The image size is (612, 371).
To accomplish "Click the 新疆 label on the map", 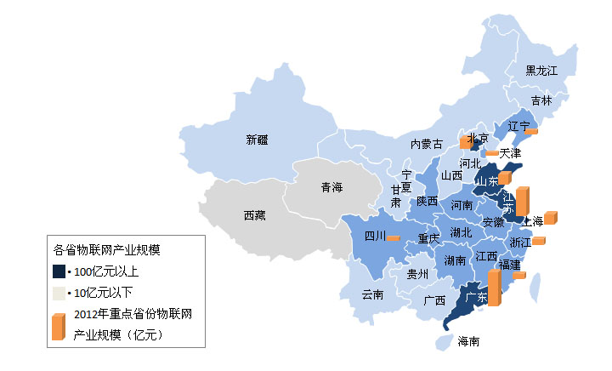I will (x=257, y=139).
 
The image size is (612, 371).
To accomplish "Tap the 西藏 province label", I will (x=254, y=216).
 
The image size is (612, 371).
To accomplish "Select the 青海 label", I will (x=331, y=187).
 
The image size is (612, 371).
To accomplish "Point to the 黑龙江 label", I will (x=541, y=70).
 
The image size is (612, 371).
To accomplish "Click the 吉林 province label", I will (x=541, y=100).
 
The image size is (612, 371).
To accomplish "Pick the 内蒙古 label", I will (x=426, y=144).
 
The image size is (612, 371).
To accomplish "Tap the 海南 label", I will (x=468, y=342).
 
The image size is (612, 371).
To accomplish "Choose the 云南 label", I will (x=372, y=294).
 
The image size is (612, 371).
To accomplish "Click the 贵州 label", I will (x=417, y=274).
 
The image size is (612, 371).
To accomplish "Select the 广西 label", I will (x=434, y=300).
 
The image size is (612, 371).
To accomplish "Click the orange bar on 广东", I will (x=494, y=288).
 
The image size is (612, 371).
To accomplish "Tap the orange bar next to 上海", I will (x=550, y=218).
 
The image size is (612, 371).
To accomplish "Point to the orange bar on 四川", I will (x=393, y=238).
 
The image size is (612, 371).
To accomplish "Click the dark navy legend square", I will (x=59, y=271).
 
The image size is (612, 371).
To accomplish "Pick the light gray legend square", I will (x=59, y=293).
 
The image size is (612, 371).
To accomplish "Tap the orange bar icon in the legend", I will (x=58, y=326).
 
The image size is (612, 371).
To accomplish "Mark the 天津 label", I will (x=510, y=153).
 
